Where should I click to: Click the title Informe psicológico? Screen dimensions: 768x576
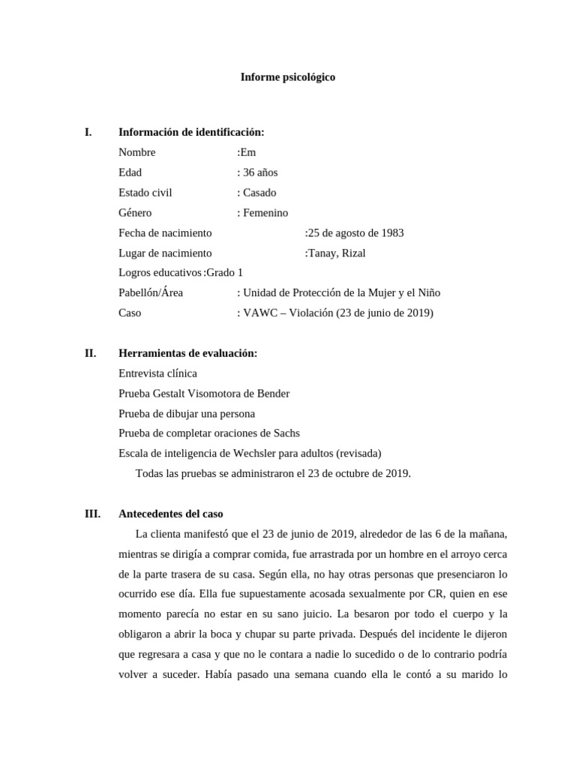[287, 77]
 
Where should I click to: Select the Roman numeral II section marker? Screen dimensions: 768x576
[90, 353]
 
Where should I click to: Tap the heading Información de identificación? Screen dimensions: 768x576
[191, 133]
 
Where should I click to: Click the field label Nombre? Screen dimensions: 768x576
[137, 153]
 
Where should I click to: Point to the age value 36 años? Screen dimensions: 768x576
[259, 172]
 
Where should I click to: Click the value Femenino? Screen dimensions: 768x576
[264, 213]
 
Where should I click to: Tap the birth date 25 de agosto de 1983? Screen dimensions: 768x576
[355, 233]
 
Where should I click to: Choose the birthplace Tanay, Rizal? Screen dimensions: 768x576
[337, 253]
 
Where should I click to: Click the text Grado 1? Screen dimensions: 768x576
[224, 273]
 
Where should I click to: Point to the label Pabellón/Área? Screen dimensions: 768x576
[151, 293]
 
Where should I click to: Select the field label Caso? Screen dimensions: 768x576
[130, 313]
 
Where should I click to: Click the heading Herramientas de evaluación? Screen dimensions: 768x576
[187, 353]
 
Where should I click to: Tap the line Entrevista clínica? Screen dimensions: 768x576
[158, 373]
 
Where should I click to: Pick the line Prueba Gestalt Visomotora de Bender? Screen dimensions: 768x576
[204, 394]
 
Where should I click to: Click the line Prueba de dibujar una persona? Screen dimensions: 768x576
[187, 414]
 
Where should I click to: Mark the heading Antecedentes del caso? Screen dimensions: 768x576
[171, 514]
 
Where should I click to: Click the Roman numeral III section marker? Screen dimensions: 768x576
[93, 514]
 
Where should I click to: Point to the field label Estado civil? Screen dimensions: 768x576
[145, 193]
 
